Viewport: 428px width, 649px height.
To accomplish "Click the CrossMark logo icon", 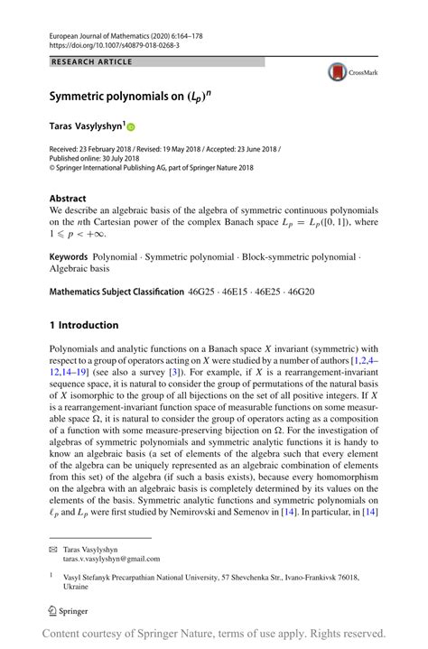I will click(339, 73).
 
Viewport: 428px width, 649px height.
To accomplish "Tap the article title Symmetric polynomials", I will click(114, 94).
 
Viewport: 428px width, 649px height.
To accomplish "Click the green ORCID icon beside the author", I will click(130, 128).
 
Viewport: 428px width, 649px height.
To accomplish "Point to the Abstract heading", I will click(69, 197).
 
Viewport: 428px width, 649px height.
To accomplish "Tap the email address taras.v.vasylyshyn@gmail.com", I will click(111, 559).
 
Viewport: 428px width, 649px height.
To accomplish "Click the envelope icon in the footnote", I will click(54, 548).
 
